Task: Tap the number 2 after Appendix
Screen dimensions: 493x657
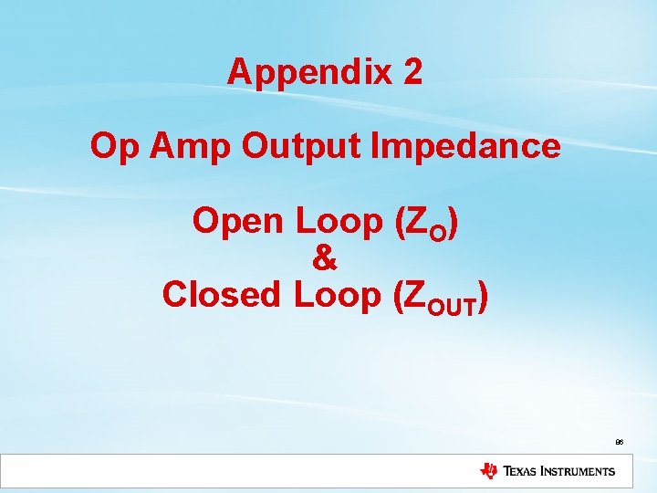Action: (411, 71)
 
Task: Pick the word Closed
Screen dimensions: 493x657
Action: (223, 294)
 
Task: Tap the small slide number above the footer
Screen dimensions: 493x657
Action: (619, 441)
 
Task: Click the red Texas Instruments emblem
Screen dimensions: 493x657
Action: (489, 471)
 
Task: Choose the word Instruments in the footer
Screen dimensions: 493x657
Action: (581, 472)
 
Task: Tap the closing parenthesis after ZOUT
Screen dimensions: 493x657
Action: (483, 295)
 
